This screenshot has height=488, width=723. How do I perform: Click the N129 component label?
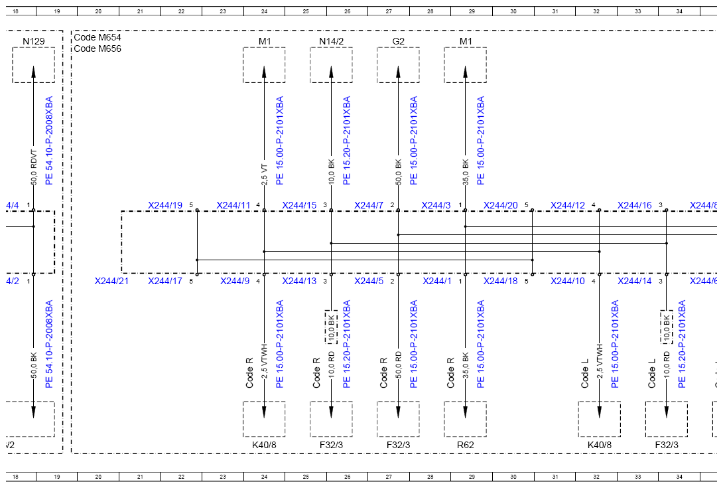pos(34,42)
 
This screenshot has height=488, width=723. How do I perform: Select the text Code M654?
pos(98,37)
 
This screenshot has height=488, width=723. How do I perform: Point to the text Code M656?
pos(98,48)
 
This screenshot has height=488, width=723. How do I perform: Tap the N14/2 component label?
pos(331,42)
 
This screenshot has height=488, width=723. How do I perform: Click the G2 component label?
pos(399,42)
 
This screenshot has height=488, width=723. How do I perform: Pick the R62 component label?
pos(465,445)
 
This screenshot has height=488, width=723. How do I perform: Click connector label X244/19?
pos(165,205)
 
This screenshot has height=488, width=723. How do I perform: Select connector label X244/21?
pos(111,281)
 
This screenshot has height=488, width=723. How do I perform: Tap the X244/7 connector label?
pos(368,205)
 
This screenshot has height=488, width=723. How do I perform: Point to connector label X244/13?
pos(299,281)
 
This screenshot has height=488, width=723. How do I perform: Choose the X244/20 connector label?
pos(500,205)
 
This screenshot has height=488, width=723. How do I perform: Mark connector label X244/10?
pos(568,281)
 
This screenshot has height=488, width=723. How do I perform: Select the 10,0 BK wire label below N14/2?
pos(331,172)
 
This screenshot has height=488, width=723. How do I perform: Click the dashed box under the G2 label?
pos(399,65)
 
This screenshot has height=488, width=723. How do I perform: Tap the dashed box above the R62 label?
pos(465,419)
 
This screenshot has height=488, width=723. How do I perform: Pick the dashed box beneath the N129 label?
pos(34,65)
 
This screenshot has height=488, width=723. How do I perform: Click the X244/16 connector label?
pos(635,205)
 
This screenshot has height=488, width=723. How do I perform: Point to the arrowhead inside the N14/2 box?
pos(331,72)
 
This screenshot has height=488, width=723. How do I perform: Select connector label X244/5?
pos(368,281)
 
